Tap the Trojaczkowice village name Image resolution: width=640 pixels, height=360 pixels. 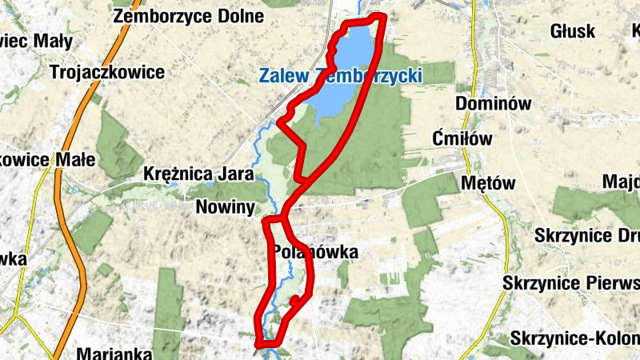[106, 72]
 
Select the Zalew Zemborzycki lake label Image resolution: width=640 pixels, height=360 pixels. [340, 76]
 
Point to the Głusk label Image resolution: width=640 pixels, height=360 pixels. [573, 31]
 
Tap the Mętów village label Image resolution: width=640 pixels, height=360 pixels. [489, 183]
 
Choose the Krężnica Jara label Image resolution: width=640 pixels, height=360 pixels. [198, 174]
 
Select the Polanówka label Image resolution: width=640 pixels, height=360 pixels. [314, 252]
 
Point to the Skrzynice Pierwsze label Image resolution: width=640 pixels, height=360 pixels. [571, 284]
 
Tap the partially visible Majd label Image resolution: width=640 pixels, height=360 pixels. [621, 180]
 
